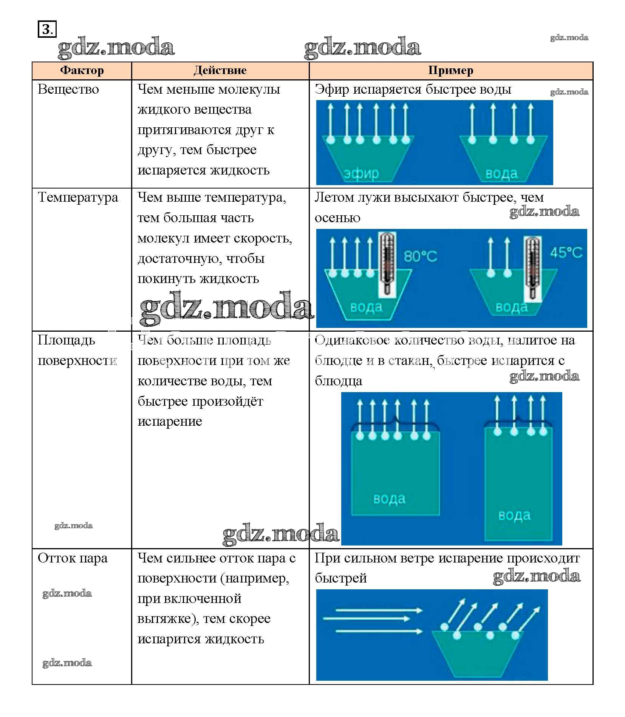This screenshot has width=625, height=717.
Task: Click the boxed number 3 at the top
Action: click(x=46, y=29)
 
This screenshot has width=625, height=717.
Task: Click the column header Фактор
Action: click(x=82, y=71)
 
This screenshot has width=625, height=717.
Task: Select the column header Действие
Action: click(x=220, y=71)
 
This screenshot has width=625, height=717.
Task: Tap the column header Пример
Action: click(x=450, y=71)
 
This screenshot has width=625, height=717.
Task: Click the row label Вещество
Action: click(x=68, y=90)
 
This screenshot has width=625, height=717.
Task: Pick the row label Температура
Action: click(x=78, y=198)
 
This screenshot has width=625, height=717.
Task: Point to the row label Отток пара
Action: click(x=73, y=558)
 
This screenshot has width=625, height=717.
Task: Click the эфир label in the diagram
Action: click(x=361, y=173)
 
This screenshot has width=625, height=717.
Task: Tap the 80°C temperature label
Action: click(x=420, y=257)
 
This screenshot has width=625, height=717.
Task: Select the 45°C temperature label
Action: click(x=566, y=252)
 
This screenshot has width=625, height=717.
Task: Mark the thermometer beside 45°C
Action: click(x=532, y=268)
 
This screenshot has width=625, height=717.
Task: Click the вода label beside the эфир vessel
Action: click(x=501, y=174)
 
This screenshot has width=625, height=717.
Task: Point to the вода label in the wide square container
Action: click(x=389, y=499)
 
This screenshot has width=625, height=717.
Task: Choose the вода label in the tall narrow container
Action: click(x=514, y=515)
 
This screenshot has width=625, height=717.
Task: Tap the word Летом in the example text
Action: click(x=332, y=198)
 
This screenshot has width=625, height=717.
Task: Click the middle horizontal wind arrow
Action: click(x=367, y=619)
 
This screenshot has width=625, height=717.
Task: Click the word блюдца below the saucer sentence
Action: click(x=338, y=381)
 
